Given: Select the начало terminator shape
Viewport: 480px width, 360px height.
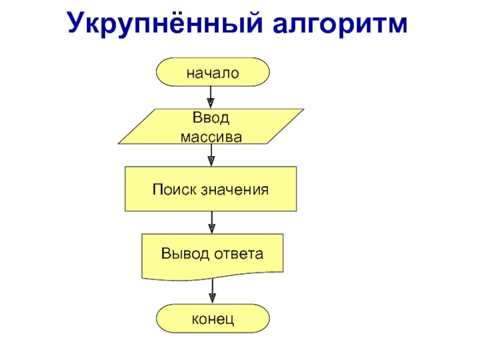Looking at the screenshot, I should coord(212,73).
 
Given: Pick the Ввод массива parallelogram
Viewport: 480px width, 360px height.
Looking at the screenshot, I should coord(211,127).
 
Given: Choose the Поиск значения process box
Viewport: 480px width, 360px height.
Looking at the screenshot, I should coord(211,189).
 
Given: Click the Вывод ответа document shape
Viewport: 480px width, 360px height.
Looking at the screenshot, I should coord(212,256).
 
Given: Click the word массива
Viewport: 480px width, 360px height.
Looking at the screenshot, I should coord(212,137).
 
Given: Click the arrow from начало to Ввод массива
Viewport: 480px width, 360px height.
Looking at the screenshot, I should coord(211,96).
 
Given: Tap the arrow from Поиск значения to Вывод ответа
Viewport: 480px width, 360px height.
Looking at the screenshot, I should coord(211,222).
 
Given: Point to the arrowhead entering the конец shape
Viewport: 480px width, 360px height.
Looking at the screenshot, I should coord(212,298).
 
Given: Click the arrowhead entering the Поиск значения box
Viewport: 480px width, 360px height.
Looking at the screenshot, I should coord(211,161).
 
